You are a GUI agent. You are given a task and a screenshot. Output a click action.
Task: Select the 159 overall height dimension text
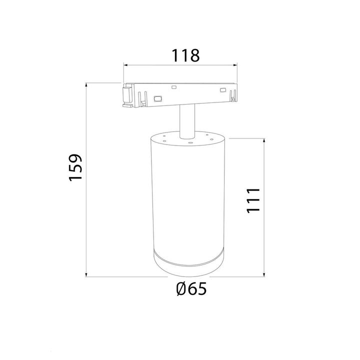(75, 167)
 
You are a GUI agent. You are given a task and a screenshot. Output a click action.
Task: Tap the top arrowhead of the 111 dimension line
(263, 139)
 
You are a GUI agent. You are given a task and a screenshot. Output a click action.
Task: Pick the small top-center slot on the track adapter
(174, 88)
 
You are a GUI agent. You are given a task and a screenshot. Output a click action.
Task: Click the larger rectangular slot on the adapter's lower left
(157, 98)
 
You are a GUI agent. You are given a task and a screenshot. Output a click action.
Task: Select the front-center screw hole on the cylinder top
(190, 142)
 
